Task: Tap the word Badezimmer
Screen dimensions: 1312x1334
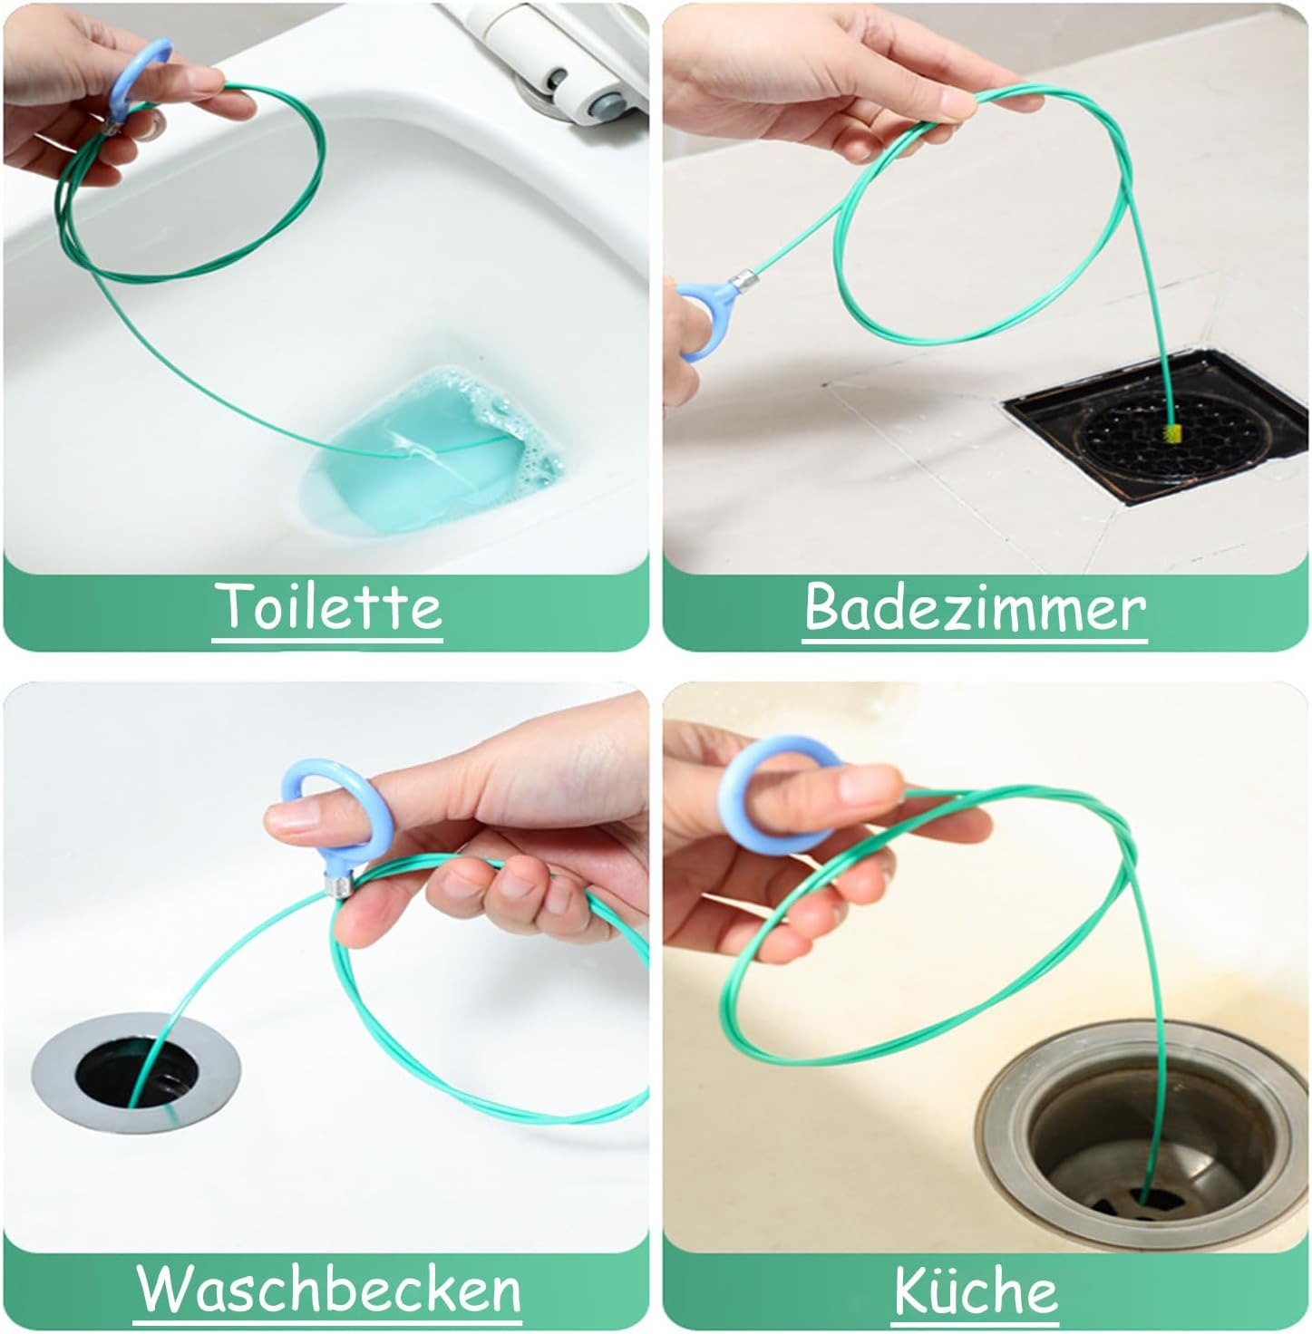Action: click(x=975, y=607)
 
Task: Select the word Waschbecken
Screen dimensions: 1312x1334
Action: click(x=327, y=1286)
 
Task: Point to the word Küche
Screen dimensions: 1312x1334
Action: click(x=976, y=1286)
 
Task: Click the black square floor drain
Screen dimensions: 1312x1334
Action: click(x=1158, y=426)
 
